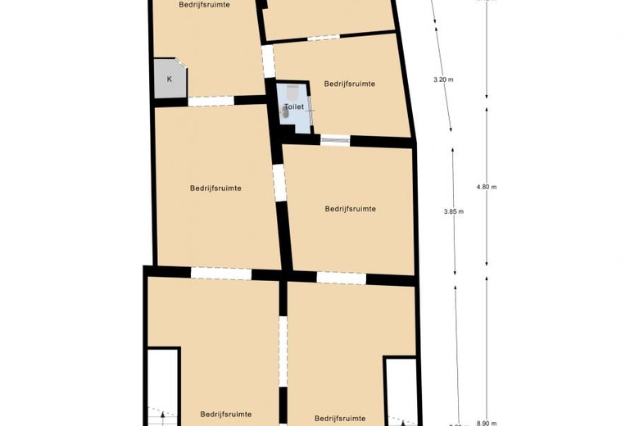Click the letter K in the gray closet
coord(170,79)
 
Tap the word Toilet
coord(293,107)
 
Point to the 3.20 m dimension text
coord(443,79)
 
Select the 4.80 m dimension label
coord(487,187)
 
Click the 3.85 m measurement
coord(454,211)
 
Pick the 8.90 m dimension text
coord(487,423)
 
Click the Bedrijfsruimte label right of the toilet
coord(350,84)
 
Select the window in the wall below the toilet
coord(335,140)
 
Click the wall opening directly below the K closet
coord(211,101)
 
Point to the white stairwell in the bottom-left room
coord(163,385)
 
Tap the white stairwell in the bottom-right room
coord(401,389)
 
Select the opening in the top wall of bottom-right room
coord(341,279)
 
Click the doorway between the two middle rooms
coord(279,183)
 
